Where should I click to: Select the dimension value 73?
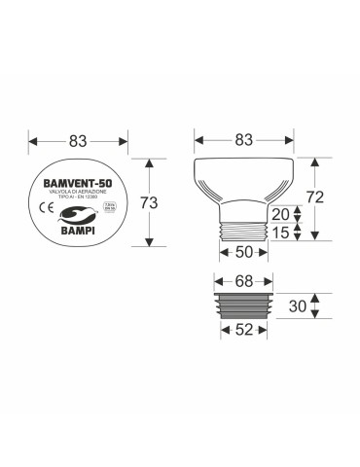pyautogui.click(x=147, y=202)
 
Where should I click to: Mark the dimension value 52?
pyautogui.click(x=245, y=330)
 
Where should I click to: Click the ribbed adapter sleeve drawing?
pyautogui.click(x=245, y=305)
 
